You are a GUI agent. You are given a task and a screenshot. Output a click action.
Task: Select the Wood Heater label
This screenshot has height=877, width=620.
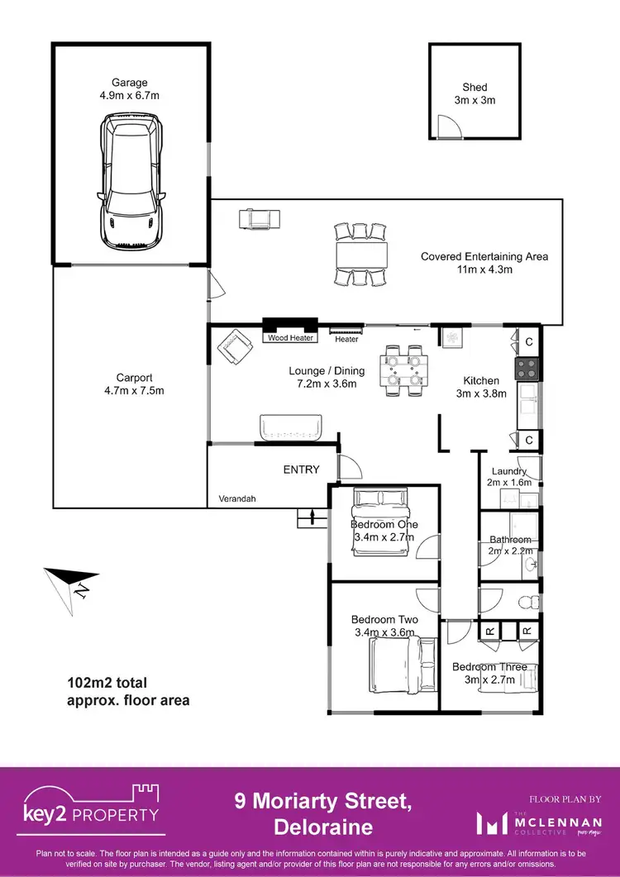tap(290, 338)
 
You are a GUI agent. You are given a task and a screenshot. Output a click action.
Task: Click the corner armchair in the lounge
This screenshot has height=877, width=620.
tap(236, 346)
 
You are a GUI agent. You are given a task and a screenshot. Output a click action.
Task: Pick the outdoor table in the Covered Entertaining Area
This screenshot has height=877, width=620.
tap(360, 251)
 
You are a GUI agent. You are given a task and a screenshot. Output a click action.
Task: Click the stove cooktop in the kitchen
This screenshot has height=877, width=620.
tap(527, 368)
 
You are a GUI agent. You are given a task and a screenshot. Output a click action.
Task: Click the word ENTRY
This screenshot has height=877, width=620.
tap(301, 469)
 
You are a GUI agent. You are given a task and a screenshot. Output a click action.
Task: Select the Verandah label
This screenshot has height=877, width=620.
tap(236, 499)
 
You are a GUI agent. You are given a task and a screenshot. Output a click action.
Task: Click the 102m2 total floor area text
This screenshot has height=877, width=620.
tap(127, 692)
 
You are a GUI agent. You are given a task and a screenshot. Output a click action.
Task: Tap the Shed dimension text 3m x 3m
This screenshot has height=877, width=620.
tap(475, 101)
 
